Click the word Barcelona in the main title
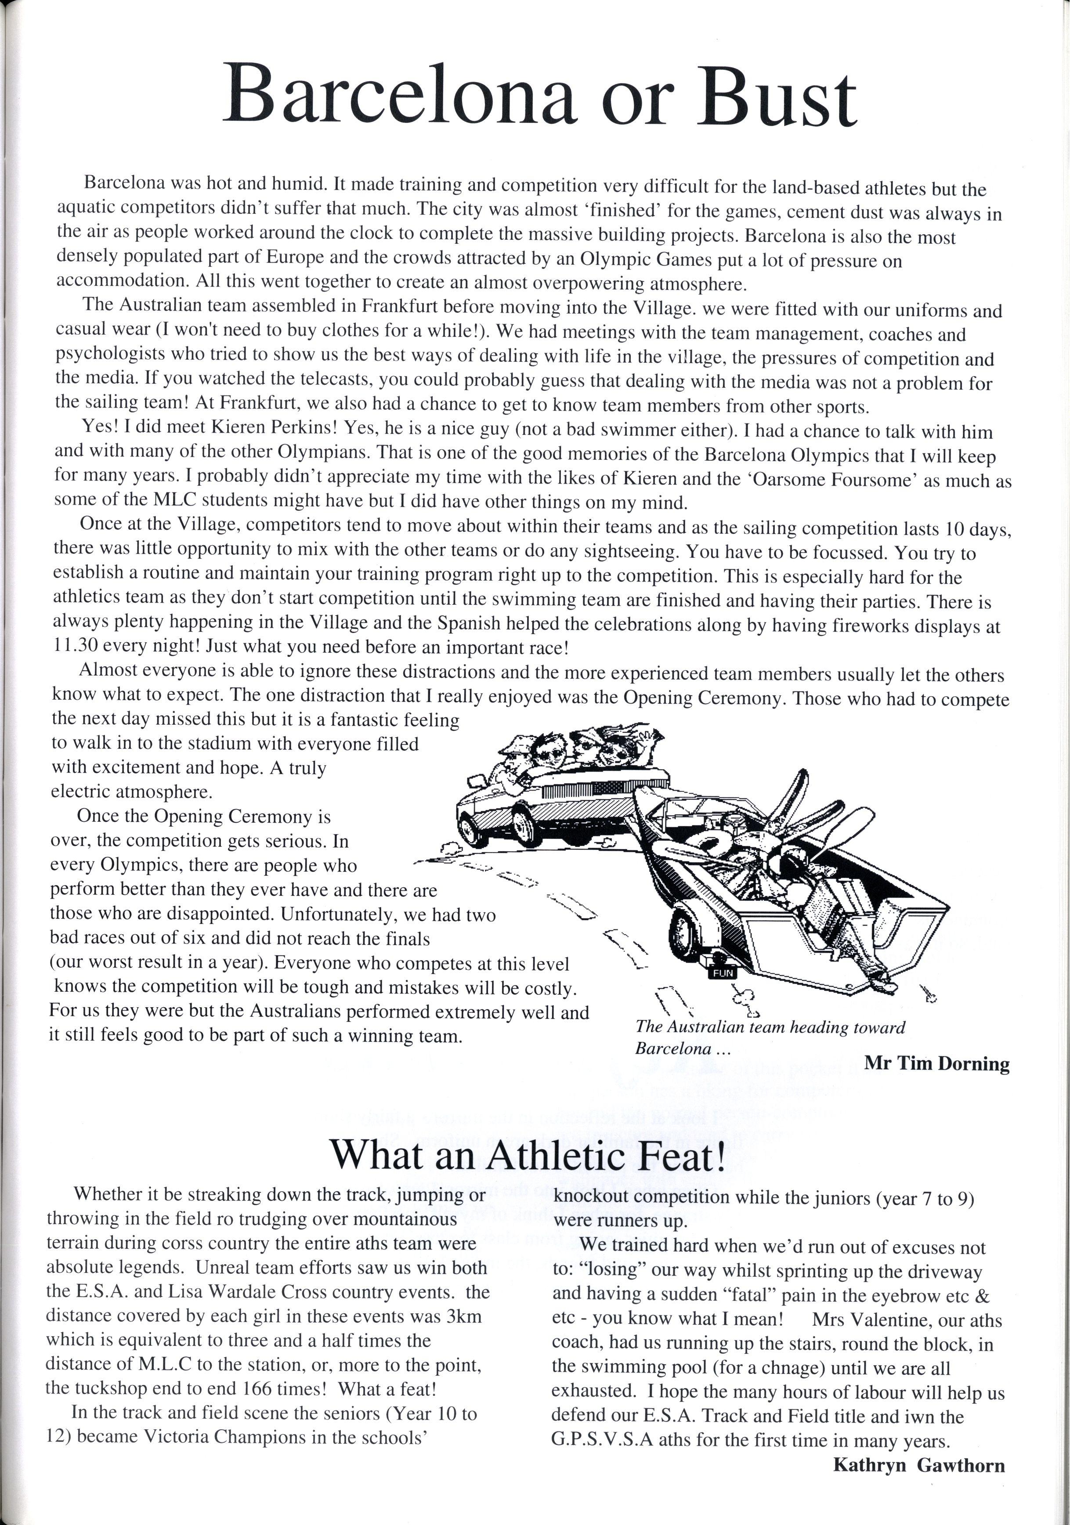click(x=398, y=95)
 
